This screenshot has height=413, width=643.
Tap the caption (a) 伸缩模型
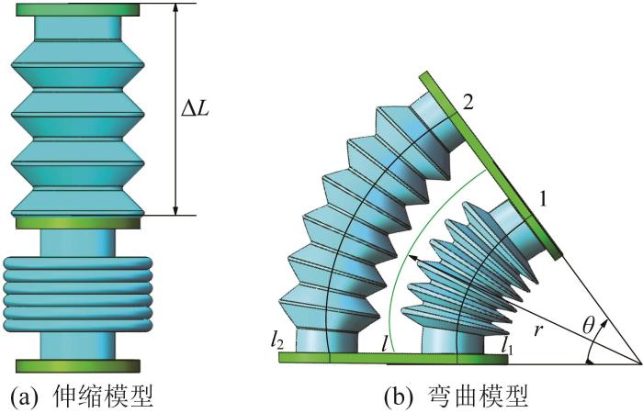point(80,396)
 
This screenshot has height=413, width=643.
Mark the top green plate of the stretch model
point(78,10)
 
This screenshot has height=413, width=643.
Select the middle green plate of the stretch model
point(78,222)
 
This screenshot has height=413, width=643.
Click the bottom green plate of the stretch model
point(78,366)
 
